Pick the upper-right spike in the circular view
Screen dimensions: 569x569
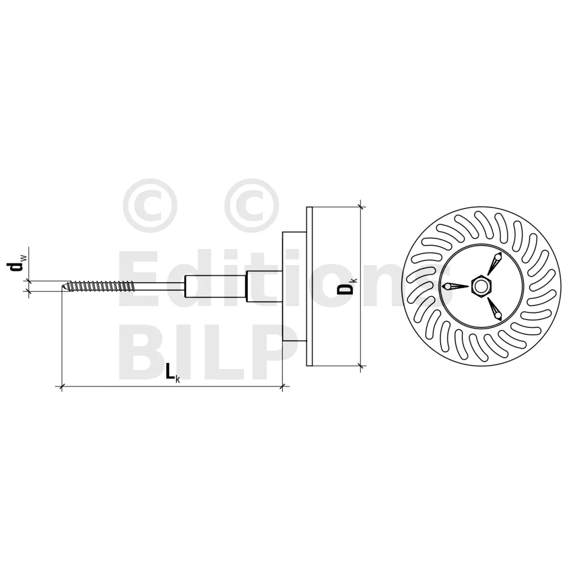(x=494, y=263)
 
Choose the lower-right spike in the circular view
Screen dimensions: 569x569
(x=494, y=309)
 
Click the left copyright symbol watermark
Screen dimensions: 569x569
(x=150, y=206)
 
